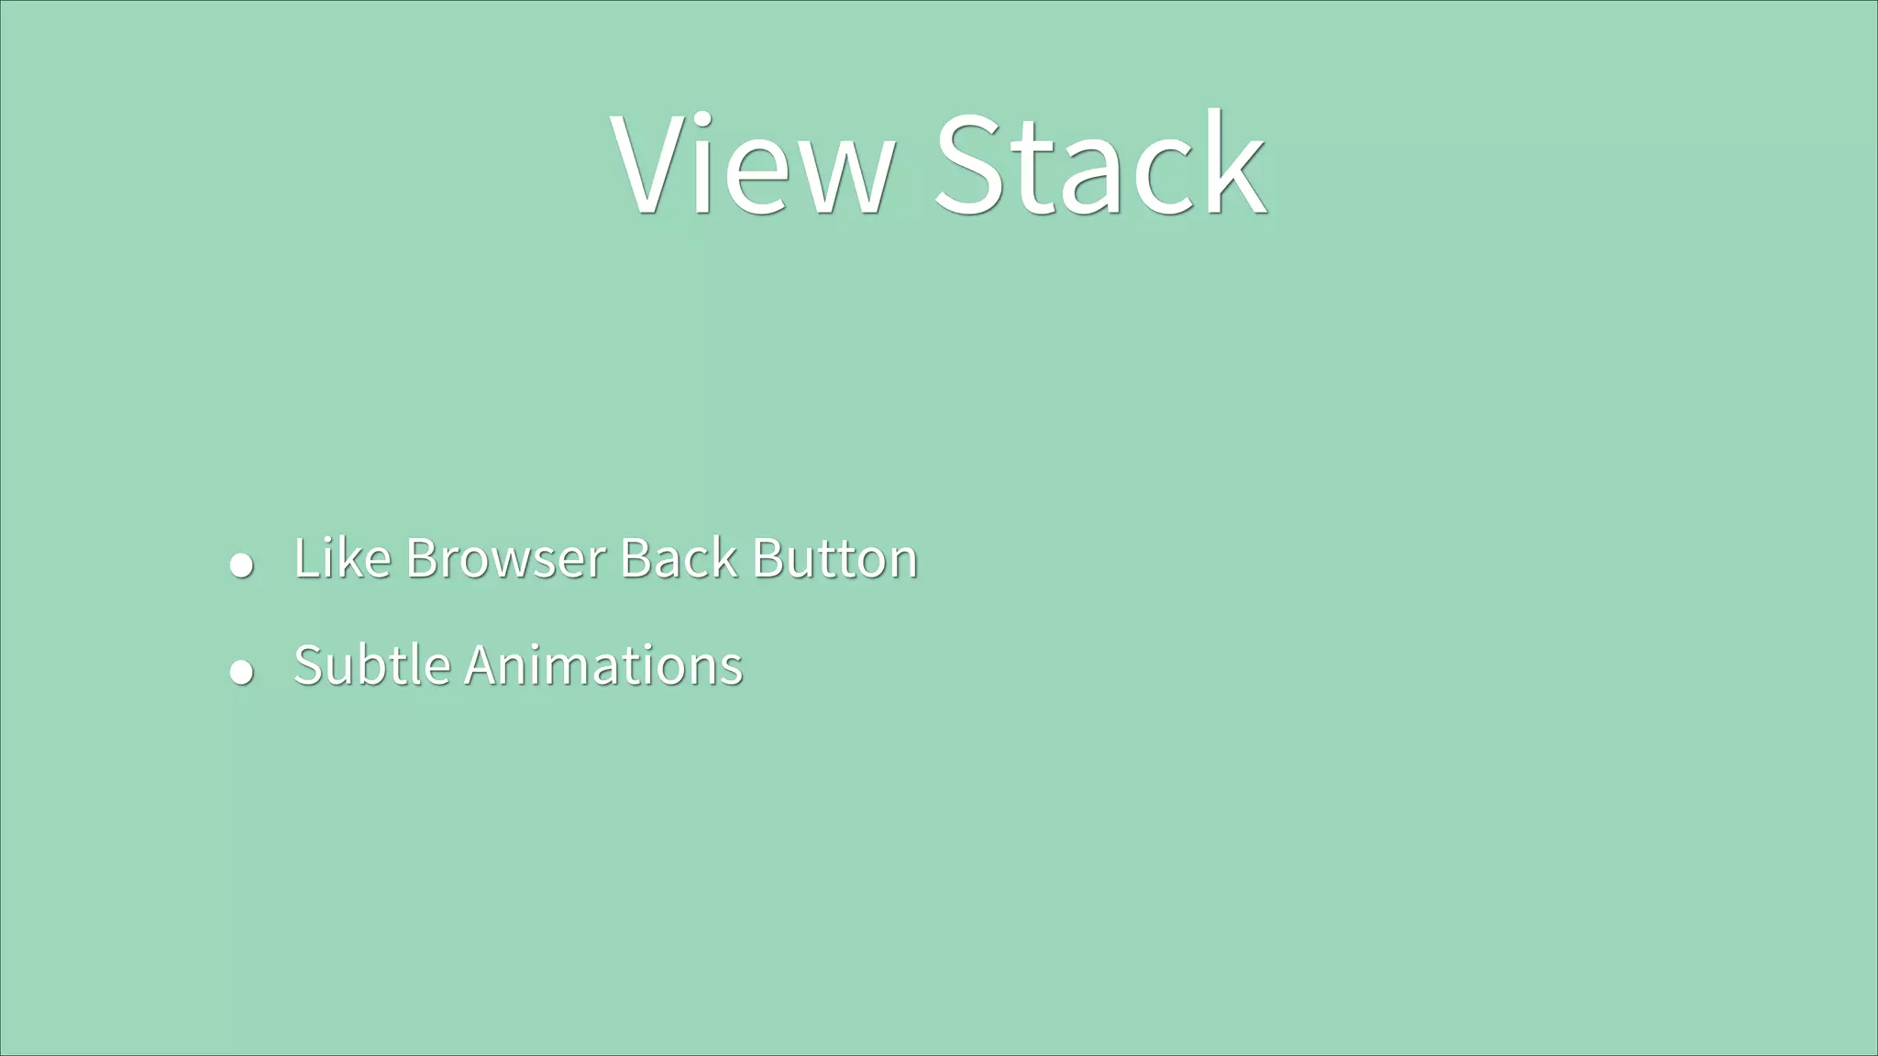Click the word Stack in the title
pyautogui.click(x=1100, y=165)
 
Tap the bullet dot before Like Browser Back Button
pyautogui.click(x=241, y=565)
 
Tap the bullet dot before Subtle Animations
pyautogui.click(x=241, y=672)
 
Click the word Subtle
pyautogui.click(x=371, y=665)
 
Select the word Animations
pyautogui.click(x=603, y=665)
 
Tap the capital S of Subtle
pyautogui.click(x=309, y=665)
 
